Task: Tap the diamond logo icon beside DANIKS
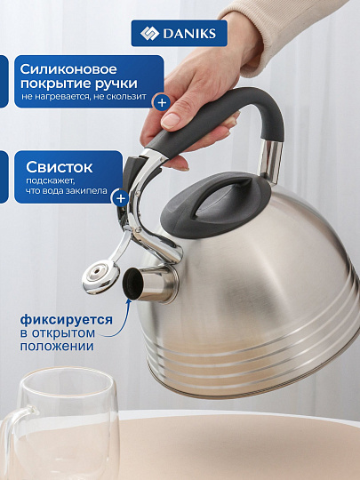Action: point(148,34)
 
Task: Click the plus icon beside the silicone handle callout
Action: point(161,102)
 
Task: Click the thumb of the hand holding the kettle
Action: point(176,112)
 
